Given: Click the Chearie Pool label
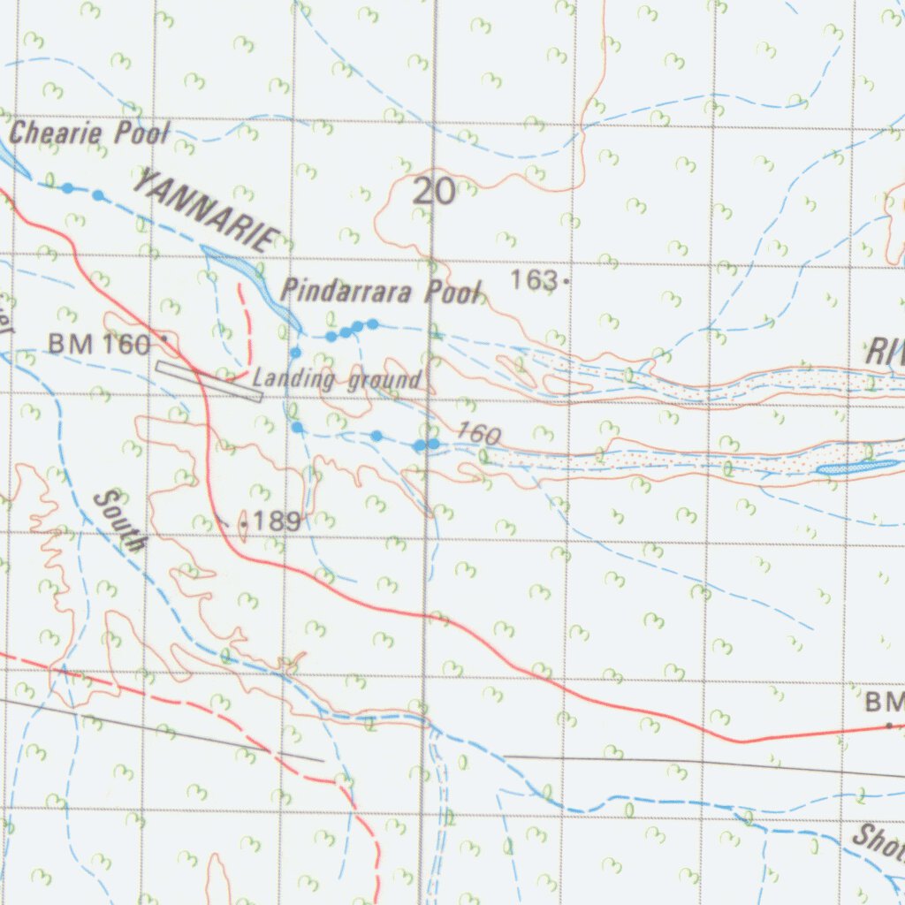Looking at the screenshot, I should [88, 134].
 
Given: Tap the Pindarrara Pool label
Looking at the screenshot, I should [382, 291].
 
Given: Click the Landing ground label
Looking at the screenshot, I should [337, 380].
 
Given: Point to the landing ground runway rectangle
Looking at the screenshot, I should [209, 381].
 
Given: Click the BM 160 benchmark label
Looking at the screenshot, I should [98, 345].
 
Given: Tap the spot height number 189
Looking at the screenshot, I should [278, 522].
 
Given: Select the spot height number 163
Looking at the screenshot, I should [533, 281].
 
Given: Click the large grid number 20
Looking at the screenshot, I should [433, 192].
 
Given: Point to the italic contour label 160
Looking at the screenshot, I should [480, 434].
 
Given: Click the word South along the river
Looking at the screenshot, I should [119, 521].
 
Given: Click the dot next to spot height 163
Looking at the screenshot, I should [566, 283].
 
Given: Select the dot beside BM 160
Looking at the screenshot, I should [164, 338].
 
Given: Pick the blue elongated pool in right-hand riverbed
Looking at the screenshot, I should [854, 467].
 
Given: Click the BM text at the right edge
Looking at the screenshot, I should [884, 703].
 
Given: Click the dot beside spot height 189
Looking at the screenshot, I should [243, 524].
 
